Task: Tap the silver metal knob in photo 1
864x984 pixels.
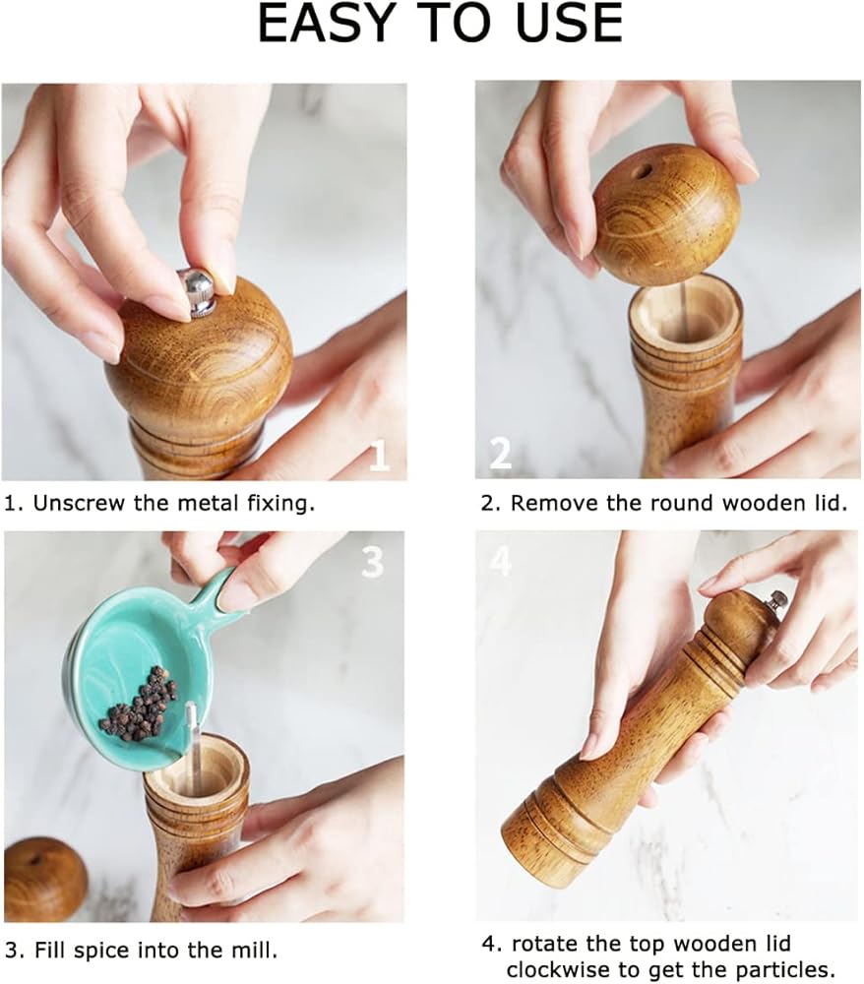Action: point(198,290)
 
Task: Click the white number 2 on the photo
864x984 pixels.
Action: point(500,453)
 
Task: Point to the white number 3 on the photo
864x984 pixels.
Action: point(373,562)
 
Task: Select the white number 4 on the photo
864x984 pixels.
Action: point(500,560)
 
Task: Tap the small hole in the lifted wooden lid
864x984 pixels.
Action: point(643,170)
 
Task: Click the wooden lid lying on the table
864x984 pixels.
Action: point(44,879)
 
